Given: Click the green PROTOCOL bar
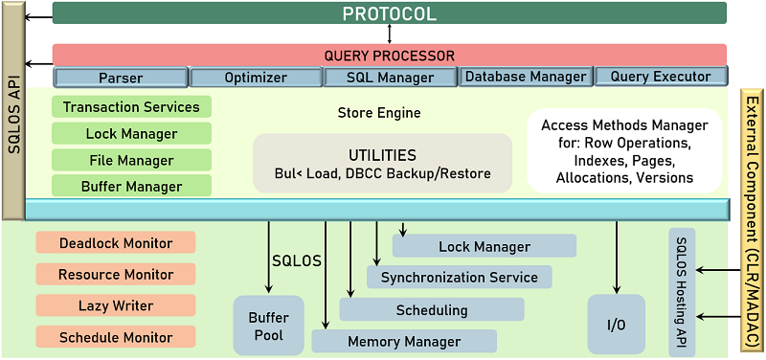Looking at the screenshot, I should pyautogui.click(x=389, y=13).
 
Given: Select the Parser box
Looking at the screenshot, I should pyautogui.click(x=121, y=78).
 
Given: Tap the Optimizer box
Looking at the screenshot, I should pyautogui.click(x=256, y=78).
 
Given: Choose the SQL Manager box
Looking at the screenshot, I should pyautogui.click(x=391, y=78).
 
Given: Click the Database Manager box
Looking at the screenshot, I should pyautogui.click(x=525, y=77).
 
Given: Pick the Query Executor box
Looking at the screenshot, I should pyautogui.click(x=662, y=77).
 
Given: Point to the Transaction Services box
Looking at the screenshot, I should pyautogui.click(x=132, y=107).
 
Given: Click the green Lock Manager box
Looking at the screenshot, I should pyautogui.click(x=132, y=134).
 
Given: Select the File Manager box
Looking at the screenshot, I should pyautogui.click(x=132, y=161).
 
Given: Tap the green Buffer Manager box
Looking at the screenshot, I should pyautogui.click(x=132, y=187).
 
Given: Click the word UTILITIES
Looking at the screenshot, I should pyautogui.click(x=383, y=154).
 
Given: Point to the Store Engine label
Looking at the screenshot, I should pyautogui.click(x=379, y=113).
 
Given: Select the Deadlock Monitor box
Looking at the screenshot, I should pyautogui.click(x=116, y=243).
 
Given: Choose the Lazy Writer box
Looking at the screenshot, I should pyautogui.click(x=116, y=305).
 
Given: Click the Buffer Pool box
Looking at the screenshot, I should pyautogui.click(x=268, y=326).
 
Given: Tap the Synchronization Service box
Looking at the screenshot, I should pyautogui.click(x=460, y=278).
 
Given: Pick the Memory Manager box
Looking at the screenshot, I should pyautogui.click(x=404, y=341).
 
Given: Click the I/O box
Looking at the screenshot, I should pyautogui.click(x=616, y=326).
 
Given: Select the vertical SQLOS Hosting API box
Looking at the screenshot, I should pyautogui.click(x=682, y=292).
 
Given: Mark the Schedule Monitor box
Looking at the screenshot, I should pyautogui.click(x=116, y=337).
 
